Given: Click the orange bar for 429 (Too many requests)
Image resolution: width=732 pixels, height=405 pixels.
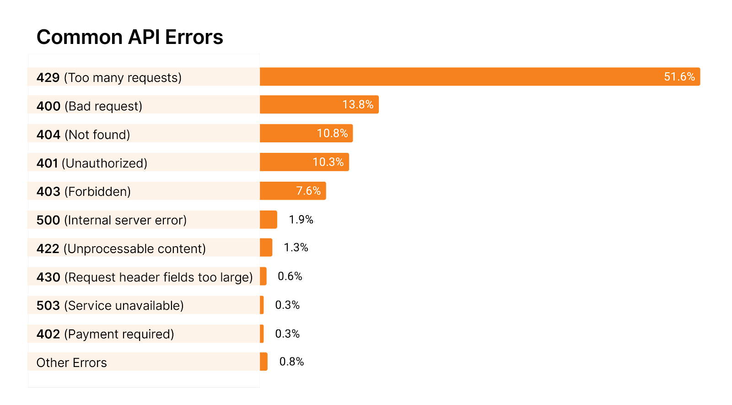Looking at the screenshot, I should tap(457, 77).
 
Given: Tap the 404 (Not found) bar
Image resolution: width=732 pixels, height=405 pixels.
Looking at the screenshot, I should tap(288, 134).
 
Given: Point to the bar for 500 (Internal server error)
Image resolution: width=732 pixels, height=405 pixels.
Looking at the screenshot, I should tap(269, 220).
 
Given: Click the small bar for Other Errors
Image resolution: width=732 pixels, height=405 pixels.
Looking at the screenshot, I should tap(264, 362).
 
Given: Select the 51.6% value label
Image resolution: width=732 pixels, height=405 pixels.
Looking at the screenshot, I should tap(679, 77).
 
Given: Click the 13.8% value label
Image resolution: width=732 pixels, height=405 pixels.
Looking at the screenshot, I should tap(358, 105).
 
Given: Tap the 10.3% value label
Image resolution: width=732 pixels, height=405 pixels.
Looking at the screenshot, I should tap(328, 162).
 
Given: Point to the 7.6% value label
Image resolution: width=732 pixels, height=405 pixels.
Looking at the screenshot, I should tap(308, 191).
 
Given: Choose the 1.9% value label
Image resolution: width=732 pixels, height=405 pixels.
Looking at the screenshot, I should tap(301, 220).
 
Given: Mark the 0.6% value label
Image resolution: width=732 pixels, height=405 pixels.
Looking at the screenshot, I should tap(290, 276).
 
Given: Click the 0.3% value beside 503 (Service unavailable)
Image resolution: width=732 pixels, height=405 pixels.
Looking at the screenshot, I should tap(287, 305).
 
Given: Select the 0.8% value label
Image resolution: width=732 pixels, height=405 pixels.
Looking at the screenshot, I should tap(292, 362).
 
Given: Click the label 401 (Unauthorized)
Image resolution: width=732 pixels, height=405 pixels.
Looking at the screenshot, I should tap(92, 163).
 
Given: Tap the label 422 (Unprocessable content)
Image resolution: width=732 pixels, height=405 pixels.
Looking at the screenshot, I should tap(121, 248).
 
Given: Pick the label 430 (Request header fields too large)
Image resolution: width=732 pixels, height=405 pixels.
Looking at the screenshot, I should tap(145, 277).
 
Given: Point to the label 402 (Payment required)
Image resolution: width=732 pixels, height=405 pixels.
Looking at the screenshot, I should tap(105, 334).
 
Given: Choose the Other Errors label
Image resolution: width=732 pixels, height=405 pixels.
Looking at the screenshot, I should tap(72, 362).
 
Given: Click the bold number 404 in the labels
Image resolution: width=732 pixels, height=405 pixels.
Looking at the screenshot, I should tap(48, 135).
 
